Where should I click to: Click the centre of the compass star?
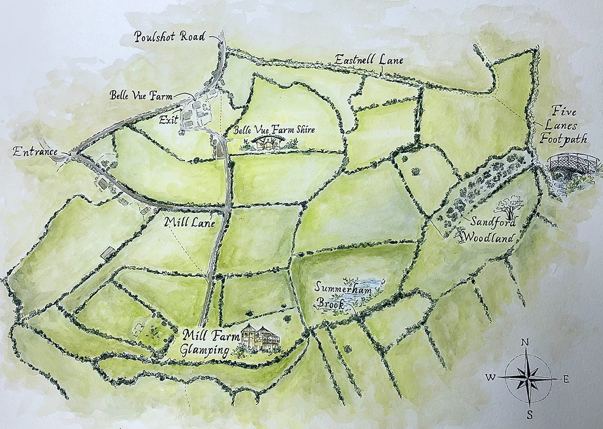click(527, 377)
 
